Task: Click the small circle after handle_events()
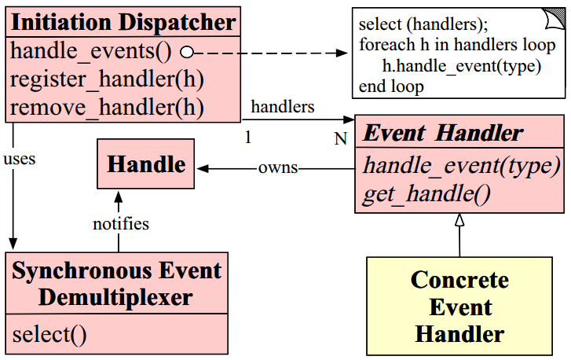pos(187,53)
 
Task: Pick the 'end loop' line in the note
pos(391,86)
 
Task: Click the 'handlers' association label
pos(282,105)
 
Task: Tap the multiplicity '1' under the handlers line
pos(248,138)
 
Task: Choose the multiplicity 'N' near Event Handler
pos(340,139)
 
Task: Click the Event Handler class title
pos(443,134)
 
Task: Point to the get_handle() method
pos(426,194)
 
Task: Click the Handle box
pos(145,164)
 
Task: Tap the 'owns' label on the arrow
pos(278,168)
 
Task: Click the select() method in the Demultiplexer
pos(49,335)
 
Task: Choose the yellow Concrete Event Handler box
pos(459,307)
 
